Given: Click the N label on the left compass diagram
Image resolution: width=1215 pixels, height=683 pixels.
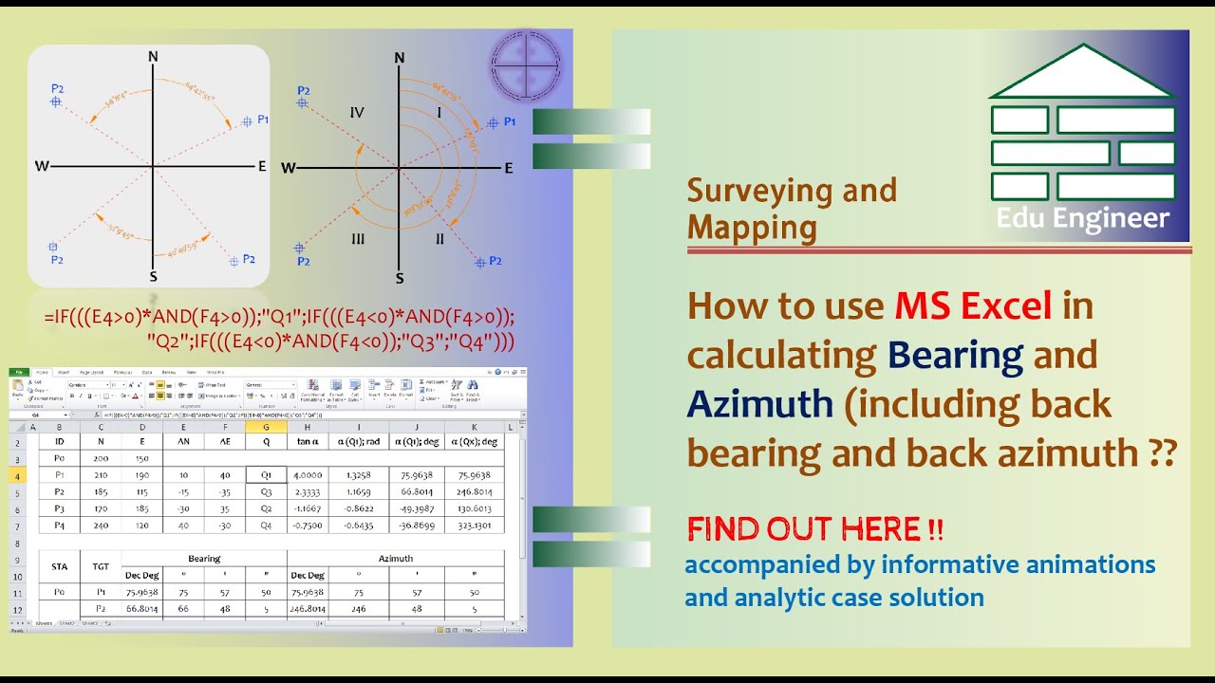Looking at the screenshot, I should (153, 56).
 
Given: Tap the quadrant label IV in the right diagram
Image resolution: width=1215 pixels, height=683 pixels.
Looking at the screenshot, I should (357, 113).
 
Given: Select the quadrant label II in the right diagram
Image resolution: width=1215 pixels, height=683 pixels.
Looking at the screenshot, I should (439, 239).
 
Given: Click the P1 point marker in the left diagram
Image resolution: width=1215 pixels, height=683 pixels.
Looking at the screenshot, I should (248, 120).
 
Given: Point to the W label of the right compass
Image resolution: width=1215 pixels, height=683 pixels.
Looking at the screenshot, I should (289, 168).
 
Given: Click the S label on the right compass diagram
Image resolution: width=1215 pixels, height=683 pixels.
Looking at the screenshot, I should (400, 278).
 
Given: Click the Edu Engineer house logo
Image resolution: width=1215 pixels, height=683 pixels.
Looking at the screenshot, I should (1083, 133).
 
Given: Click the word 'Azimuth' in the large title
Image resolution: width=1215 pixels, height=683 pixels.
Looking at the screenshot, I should (759, 404).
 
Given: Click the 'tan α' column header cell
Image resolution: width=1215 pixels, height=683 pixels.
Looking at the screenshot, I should (308, 441).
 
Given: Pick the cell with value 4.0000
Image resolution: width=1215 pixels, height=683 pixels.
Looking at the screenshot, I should (308, 475).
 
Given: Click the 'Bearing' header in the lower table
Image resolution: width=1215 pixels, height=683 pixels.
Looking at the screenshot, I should (204, 559).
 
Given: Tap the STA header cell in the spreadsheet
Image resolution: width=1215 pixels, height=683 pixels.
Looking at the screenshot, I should (59, 567).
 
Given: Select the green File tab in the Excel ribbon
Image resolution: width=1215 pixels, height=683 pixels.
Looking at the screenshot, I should (19, 373).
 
